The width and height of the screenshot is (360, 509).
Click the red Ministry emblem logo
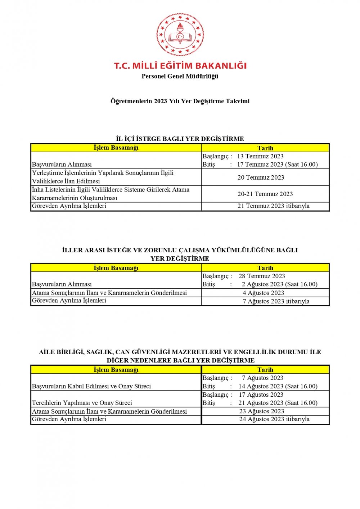[180, 35]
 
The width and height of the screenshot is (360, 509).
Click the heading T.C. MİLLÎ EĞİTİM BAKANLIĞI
[180, 66]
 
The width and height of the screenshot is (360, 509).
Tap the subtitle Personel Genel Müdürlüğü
[180, 76]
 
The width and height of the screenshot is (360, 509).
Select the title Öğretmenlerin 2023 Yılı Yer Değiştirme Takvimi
[180, 101]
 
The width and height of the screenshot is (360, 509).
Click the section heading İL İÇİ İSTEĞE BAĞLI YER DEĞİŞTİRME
[180, 139]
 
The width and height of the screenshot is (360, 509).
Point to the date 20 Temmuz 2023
[261, 177]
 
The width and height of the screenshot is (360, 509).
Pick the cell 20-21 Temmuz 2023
[265, 194]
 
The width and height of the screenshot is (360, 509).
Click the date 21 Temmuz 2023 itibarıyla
[273, 206]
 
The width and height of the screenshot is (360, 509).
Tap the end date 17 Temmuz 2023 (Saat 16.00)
[277, 165]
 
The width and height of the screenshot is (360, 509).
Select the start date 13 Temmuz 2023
[260, 156]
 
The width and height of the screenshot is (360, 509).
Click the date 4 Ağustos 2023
[263, 293]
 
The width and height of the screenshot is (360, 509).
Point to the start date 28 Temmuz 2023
[262, 276]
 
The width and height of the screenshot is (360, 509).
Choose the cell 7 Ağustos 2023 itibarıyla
[276, 301]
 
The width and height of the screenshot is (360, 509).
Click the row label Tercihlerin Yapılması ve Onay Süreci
[82, 403]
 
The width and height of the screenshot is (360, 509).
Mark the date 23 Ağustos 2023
[262, 411]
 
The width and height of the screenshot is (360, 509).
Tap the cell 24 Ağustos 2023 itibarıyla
[274, 419]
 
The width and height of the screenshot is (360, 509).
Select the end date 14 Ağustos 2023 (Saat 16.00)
[278, 386]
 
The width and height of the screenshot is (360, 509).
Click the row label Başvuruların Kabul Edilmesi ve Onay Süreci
[91, 386]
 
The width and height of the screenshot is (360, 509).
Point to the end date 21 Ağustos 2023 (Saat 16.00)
[278, 403]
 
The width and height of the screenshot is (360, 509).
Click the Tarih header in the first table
[265, 148]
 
